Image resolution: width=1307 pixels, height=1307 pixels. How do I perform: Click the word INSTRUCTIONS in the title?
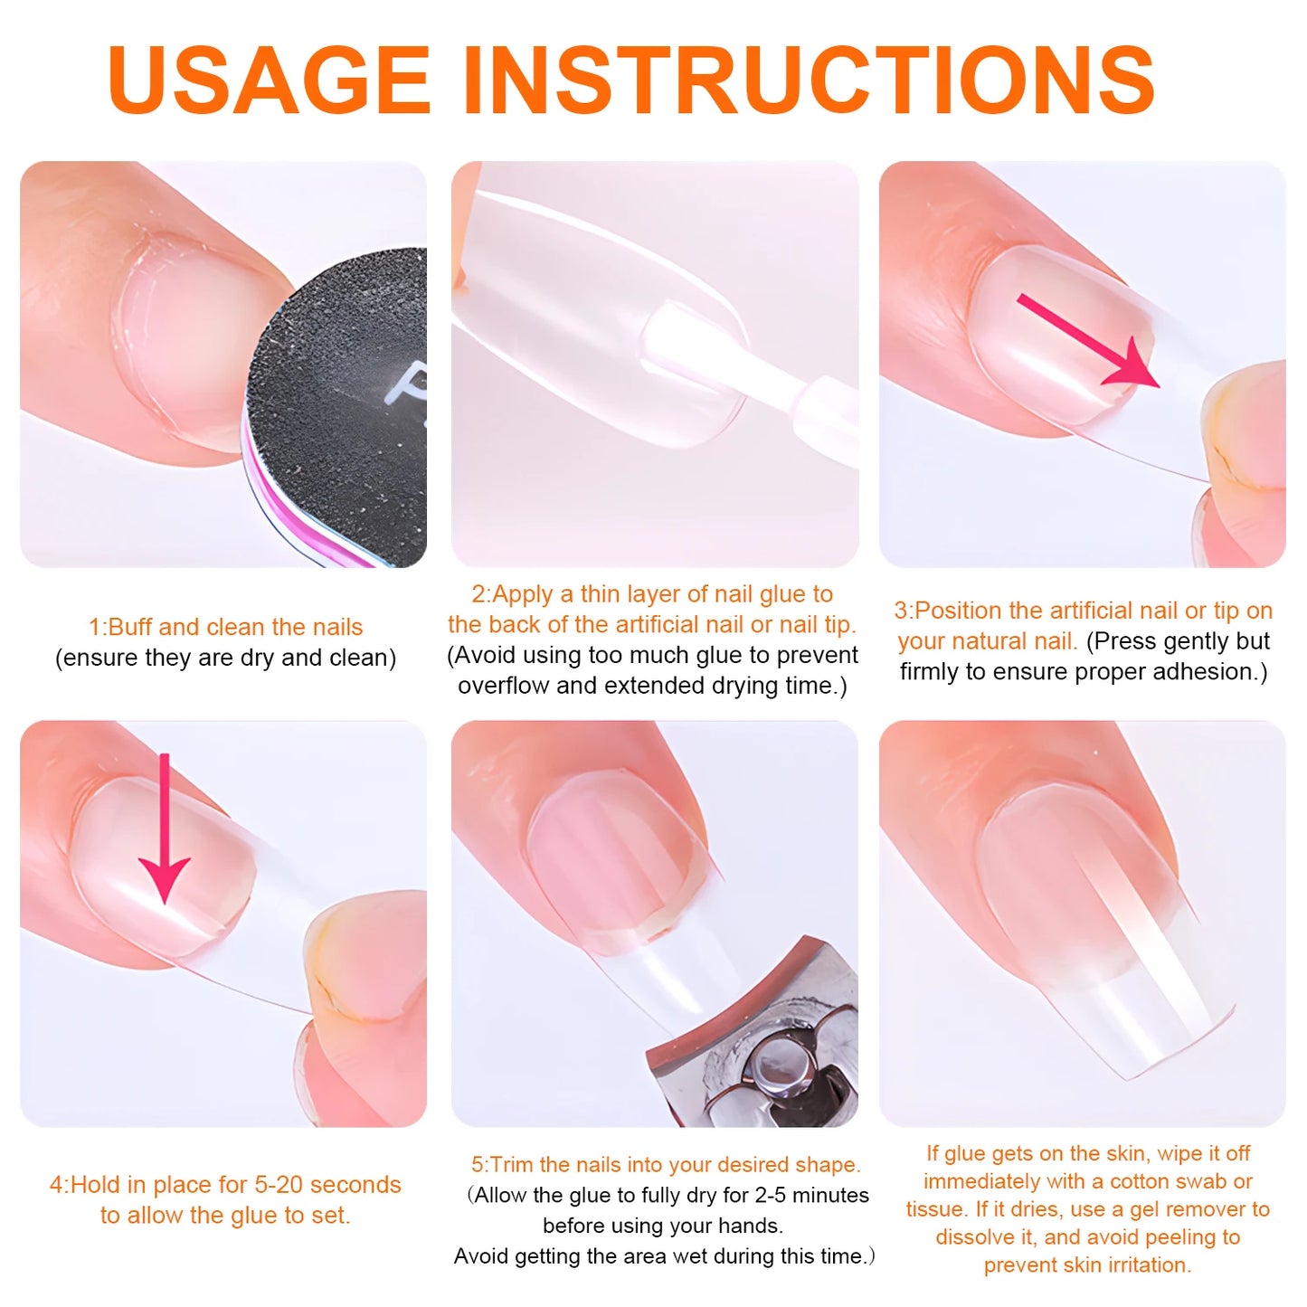click(x=810, y=80)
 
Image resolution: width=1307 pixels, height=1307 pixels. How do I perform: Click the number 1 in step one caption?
click(x=95, y=628)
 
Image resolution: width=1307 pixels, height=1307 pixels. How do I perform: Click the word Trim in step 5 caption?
click(x=510, y=1165)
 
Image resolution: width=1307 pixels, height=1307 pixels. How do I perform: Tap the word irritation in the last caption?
click(x=1149, y=1265)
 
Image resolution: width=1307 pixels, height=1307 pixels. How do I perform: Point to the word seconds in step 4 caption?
click(x=355, y=1185)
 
